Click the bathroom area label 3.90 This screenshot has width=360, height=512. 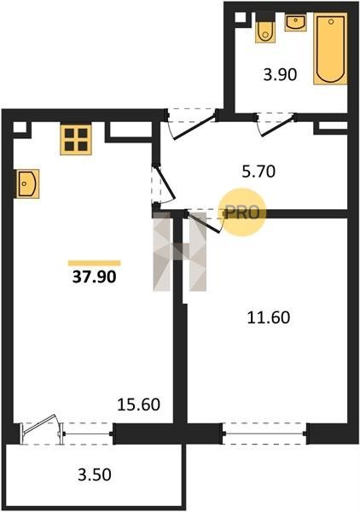[x=280, y=75]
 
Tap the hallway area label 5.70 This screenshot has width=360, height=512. [x=258, y=172]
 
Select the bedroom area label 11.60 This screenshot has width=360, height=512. [x=268, y=317]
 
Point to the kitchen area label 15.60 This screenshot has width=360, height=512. [x=139, y=404]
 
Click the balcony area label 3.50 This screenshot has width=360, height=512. [x=95, y=474]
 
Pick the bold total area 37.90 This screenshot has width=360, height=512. [x=94, y=277]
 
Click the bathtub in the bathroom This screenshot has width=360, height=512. [x=330, y=49]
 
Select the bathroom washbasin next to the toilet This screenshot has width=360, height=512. [x=295, y=22]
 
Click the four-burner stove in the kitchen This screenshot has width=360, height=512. [x=76, y=139]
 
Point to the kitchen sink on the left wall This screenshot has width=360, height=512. [x=27, y=183]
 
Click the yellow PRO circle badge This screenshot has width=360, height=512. [x=242, y=212]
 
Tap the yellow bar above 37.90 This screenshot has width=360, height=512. [x=95, y=263]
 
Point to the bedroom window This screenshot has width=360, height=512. [x=264, y=433]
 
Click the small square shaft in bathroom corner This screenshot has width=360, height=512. [x=241, y=18]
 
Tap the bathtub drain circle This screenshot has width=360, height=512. [x=331, y=22]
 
